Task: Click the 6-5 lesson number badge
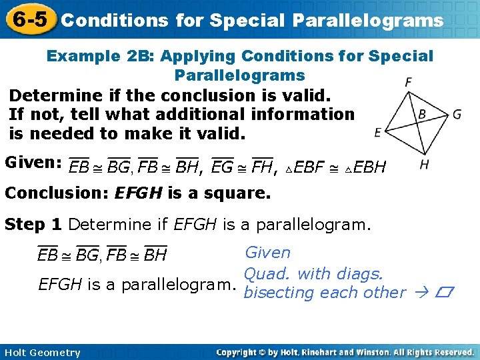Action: [x=28, y=19]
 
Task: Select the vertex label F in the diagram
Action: [x=408, y=82]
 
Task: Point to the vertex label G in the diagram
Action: [x=457, y=114]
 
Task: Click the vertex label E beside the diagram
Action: [x=378, y=133]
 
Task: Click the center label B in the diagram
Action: [x=422, y=115]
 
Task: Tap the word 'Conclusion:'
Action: [x=57, y=194]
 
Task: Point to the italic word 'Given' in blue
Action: [x=268, y=253]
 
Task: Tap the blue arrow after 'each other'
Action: [x=420, y=293]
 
